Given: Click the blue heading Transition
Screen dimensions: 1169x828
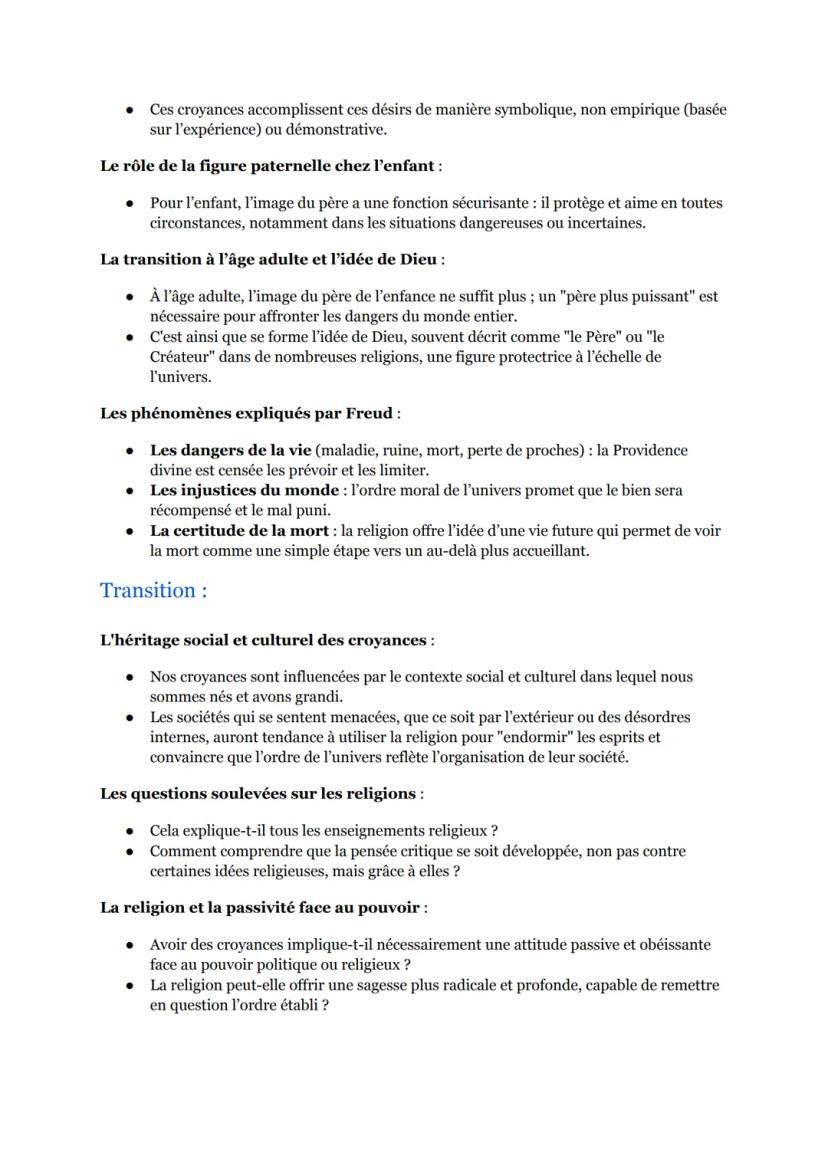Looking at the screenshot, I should (153, 590).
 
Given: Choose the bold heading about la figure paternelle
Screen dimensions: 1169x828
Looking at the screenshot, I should (270, 165).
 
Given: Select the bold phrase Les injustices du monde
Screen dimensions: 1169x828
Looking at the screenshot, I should (242, 490).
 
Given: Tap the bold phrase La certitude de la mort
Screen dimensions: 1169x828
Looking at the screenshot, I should (240, 530).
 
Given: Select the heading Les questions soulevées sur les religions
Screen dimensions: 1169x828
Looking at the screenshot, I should (258, 793).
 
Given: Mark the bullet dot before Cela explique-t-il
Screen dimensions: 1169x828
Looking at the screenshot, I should (130, 831).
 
